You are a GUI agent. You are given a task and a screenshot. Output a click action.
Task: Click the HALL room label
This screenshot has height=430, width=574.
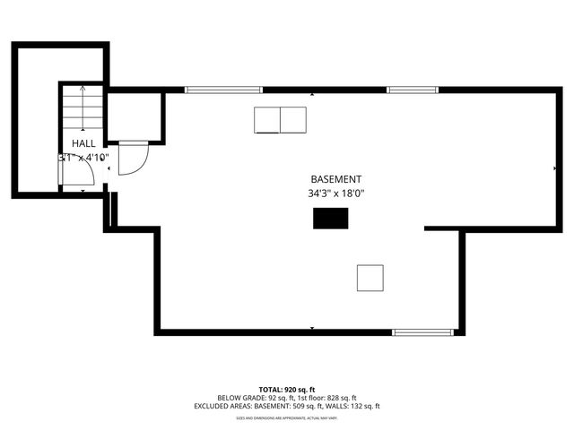click(x=83, y=143)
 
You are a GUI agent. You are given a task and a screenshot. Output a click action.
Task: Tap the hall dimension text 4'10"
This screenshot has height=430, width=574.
click(x=96, y=158)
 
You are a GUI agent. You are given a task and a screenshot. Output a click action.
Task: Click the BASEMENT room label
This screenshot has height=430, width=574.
click(x=336, y=179)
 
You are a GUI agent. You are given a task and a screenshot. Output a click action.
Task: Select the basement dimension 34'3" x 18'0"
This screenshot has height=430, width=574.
click(x=336, y=193)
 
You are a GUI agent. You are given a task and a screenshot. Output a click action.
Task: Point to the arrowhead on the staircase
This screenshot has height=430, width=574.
click(x=83, y=89)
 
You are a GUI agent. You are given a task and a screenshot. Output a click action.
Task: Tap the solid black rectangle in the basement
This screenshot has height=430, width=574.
click(x=330, y=218)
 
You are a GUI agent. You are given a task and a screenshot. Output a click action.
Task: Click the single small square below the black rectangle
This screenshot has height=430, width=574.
click(x=370, y=278)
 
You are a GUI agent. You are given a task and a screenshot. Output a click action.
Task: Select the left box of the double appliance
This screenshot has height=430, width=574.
click(x=267, y=119)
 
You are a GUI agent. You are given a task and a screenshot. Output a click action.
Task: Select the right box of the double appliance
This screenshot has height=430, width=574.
click(x=293, y=119)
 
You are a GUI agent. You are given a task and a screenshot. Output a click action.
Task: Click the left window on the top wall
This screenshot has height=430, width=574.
click(x=223, y=90)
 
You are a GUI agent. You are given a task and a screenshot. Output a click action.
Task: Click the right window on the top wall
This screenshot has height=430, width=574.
click(x=413, y=90)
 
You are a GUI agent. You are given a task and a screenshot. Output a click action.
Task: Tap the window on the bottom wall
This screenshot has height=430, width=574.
click(x=423, y=332)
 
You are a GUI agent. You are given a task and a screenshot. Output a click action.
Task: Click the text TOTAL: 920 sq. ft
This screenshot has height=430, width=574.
click(x=286, y=390)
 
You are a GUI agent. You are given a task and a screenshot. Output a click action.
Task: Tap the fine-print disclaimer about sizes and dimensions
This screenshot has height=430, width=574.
click(x=286, y=417)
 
